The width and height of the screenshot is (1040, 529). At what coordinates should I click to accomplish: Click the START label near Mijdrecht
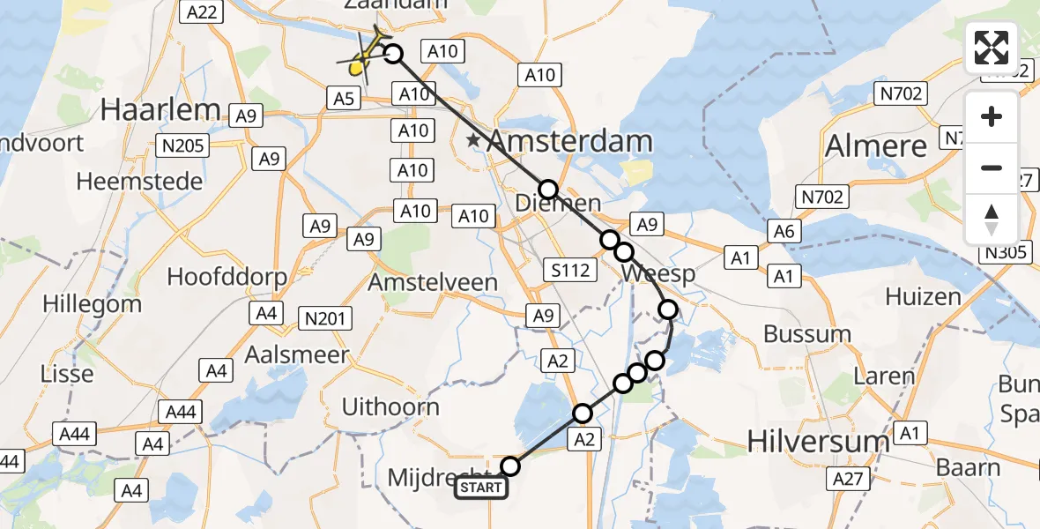pos(481,488)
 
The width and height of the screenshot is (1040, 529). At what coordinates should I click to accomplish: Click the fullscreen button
pos(992,48)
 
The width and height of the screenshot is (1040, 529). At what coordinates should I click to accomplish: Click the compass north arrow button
pos(992,220)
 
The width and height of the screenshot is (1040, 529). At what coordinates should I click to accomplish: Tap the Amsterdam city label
pos(569,141)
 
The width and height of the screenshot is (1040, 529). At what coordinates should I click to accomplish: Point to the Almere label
pos(875,145)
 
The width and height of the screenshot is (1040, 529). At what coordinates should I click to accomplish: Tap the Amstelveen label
pos(433,283)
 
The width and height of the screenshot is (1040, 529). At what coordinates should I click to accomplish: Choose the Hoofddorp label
pos(227,276)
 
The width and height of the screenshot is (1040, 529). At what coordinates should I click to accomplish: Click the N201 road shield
pos(326,318)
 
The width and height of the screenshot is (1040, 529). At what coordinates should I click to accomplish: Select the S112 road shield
pos(569,270)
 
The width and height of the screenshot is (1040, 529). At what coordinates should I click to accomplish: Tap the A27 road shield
pos(849,479)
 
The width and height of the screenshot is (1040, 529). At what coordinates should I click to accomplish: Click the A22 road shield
pos(201,11)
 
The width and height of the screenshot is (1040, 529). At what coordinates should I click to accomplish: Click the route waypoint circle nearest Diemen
pos(548,190)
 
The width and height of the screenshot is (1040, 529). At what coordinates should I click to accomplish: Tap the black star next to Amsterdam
pos(474,140)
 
